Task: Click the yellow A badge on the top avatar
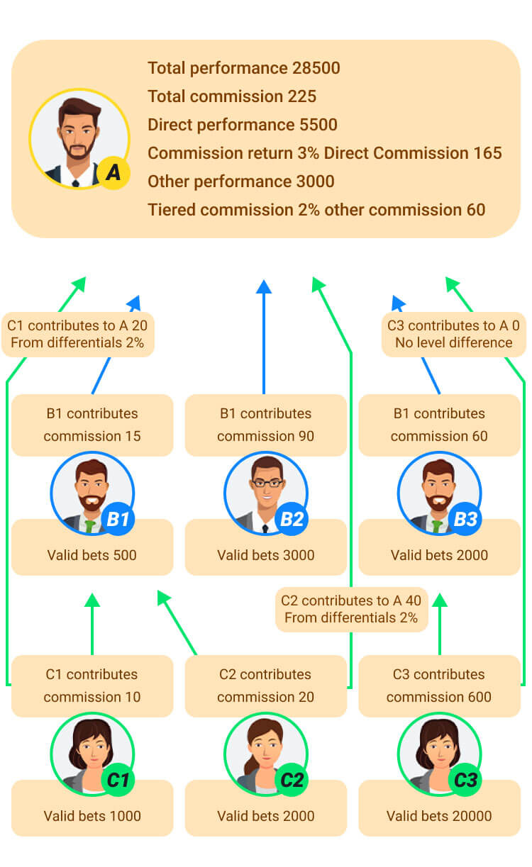[x=112, y=172]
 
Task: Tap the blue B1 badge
[x=118, y=520]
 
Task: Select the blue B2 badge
[x=292, y=520]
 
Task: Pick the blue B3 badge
[x=465, y=520]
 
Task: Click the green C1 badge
[x=118, y=781]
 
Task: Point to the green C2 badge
[x=292, y=781]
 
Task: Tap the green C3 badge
[x=465, y=781]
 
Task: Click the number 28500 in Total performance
[x=316, y=68]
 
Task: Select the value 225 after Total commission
[x=302, y=96]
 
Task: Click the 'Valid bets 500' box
[x=92, y=554]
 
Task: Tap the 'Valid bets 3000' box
[x=265, y=554]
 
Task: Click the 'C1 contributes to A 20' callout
[x=78, y=334]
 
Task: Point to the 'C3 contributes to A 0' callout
[x=453, y=334]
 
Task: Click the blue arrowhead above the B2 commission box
[x=264, y=286]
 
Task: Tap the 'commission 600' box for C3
[x=439, y=686]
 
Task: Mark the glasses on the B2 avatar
[x=266, y=483]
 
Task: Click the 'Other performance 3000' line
[x=240, y=181]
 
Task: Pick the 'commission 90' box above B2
[x=265, y=425]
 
